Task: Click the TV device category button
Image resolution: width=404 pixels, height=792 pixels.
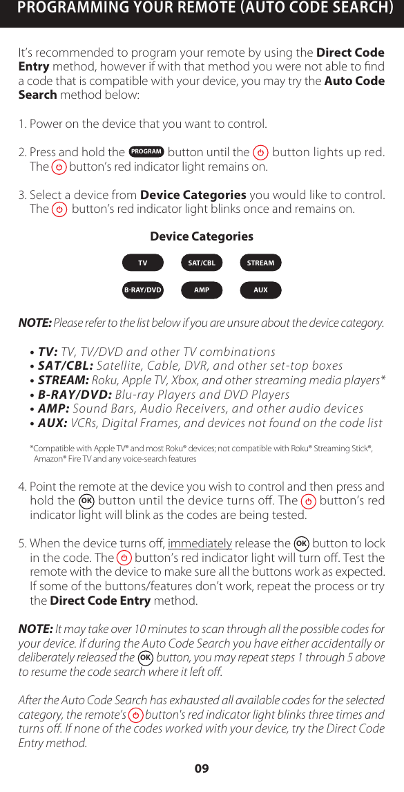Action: (143, 263)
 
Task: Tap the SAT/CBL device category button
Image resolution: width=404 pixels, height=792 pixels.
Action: (202, 263)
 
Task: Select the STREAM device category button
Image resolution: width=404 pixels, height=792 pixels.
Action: (260, 263)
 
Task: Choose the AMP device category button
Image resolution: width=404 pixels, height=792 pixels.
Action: (202, 290)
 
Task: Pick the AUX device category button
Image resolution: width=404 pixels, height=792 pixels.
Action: (260, 290)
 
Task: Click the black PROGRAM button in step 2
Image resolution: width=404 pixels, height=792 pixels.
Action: (146, 152)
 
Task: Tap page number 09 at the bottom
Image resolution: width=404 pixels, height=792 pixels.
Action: (202, 769)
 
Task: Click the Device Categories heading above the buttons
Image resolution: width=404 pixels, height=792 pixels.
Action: (202, 236)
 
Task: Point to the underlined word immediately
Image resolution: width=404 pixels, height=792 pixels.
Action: (200, 543)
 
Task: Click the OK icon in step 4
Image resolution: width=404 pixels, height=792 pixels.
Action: (86, 500)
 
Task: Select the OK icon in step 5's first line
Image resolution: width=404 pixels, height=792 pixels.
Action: (301, 543)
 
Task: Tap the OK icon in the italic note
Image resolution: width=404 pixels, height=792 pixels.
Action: (145, 657)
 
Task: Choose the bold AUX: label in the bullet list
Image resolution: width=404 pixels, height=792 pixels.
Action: (52, 423)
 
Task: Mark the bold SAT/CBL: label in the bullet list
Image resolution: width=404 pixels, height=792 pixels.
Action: (66, 366)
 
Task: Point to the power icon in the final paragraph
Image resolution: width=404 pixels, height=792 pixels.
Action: (136, 715)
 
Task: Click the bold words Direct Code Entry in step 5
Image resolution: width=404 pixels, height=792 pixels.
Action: (100, 601)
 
